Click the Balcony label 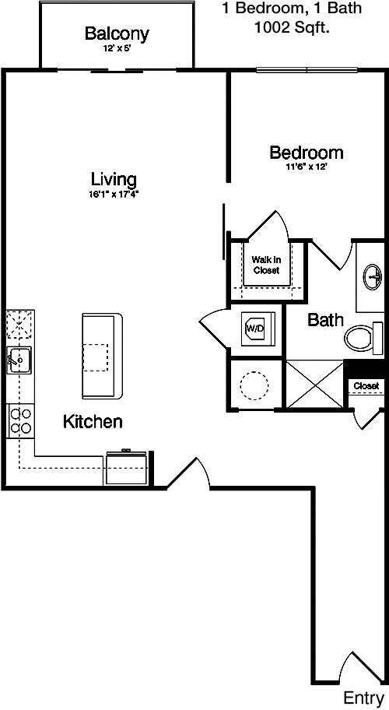(117, 33)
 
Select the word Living (114, 179)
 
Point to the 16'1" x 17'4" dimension (114, 195)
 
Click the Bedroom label (307, 153)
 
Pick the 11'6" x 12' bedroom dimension (307, 167)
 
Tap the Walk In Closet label (266, 265)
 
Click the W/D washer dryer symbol (254, 329)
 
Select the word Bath (325, 320)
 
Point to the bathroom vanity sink (373, 276)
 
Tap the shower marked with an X (315, 384)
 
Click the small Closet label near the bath (366, 386)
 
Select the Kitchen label (93, 421)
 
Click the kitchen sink (19, 360)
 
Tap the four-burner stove (21, 420)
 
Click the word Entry (363, 698)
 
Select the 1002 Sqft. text (292, 28)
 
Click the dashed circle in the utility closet (254, 385)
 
